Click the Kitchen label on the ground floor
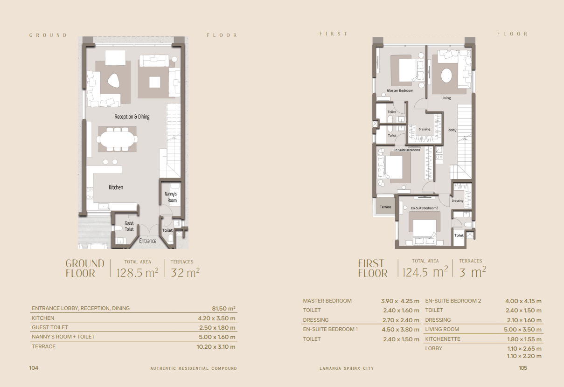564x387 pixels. pyautogui.click(x=116, y=187)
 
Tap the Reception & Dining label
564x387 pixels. pyautogui.click(x=132, y=117)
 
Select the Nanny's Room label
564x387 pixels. pyautogui.click(x=171, y=197)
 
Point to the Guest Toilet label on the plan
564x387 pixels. pyautogui.click(x=129, y=226)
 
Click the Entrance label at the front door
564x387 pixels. pyautogui.click(x=148, y=241)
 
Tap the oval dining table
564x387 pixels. pyautogui.click(x=118, y=139)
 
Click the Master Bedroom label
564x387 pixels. pyautogui.click(x=400, y=90)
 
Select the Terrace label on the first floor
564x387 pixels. pyautogui.click(x=385, y=207)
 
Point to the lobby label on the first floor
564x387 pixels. pyautogui.click(x=452, y=130)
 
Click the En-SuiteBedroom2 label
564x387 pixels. pyautogui.click(x=425, y=208)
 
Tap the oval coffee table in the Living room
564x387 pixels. pyautogui.click(x=446, y=76)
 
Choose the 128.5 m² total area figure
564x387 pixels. pyautogui.click(x=138, y=272)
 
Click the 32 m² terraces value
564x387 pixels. pyautogui.click(x=185, y=272)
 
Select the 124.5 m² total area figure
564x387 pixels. pyautogui.click(x=425, y=272)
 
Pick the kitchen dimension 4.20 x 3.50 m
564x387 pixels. pyautogui.click(x=216, y=318)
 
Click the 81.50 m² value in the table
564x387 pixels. pyautogui.click(x=223, y=309)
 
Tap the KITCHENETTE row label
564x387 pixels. pyautogui.click(x=443, y=339)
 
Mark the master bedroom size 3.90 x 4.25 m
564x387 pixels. pyautogui.click(x=400, y=301)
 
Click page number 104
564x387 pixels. pyautogui.click(x=34, y=368)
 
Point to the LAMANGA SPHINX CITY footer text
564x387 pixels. pyautogui.click(x=347, y=368)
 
